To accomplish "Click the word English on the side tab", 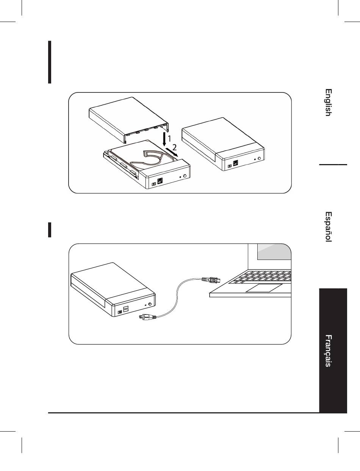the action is (329, 102).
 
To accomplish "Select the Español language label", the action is (329, 226).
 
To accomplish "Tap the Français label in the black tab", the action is (329, 351).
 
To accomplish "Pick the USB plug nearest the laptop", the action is (211, 280).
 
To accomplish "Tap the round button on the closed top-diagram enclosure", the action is (260, 158).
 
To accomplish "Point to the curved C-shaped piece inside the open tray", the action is (152, 155).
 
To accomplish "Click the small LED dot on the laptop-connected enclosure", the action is (146, 305).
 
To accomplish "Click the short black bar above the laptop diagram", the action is (50, 230).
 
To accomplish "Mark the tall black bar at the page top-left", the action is (50, 62).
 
